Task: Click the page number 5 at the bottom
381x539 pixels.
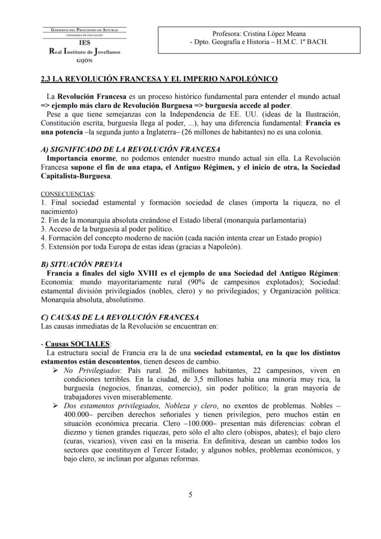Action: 190,495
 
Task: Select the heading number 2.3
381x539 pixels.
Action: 46,79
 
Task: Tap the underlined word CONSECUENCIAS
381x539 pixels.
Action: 67,194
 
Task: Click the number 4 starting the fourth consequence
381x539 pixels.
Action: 42,238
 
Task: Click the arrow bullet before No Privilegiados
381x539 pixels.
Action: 56,371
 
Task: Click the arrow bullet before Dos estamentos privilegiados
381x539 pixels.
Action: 56,406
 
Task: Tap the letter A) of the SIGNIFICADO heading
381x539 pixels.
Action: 45,149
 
